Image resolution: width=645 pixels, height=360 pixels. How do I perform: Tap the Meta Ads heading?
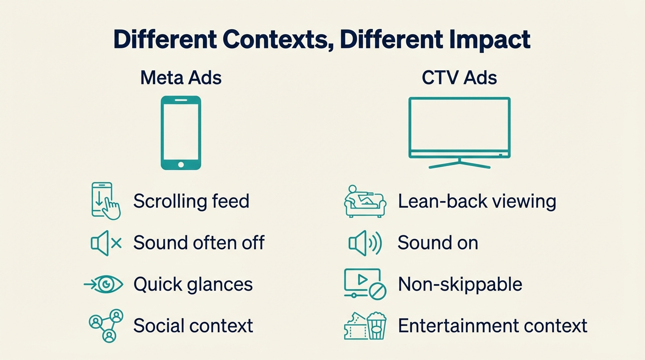tap(181, 77)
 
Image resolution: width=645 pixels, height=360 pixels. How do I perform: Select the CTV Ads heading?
tap(459, 77)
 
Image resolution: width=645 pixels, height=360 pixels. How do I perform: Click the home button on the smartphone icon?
tap(181, 164)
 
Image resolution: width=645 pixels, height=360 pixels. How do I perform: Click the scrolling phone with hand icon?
tap(105, 201)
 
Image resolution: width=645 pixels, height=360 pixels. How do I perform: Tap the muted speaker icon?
tap(106, 243)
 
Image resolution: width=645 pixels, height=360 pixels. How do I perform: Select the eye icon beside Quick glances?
tap(104, 284)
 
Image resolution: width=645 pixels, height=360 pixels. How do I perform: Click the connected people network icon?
tap(106, 325)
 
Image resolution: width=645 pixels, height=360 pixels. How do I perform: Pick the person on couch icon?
tap(365, 201)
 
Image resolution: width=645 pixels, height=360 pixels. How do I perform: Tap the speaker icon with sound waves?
tap(365, 243)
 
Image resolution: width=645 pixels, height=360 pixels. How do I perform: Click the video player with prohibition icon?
tap(365, 284)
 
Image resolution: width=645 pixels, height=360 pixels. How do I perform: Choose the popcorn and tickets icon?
tap(365, 325)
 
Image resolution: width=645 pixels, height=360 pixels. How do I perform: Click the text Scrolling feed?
tap(191, 201)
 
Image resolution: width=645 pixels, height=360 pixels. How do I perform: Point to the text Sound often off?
tap(199, 243)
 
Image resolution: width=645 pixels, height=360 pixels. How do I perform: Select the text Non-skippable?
tap(460, 284)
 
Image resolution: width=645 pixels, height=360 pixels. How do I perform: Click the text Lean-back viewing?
tap(477, 201)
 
